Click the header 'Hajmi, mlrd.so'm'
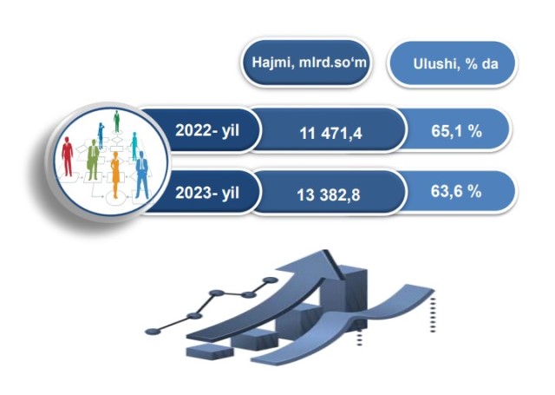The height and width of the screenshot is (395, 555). pos(309,63)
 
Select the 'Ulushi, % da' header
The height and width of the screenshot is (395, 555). pos(455,63)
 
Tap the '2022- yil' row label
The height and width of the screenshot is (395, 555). pos(207,130)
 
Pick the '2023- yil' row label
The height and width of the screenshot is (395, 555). pos(207,193)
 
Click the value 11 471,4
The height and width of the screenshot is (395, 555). pos(330,134)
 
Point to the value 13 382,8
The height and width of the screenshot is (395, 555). pos(328,194)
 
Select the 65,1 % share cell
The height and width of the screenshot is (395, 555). pos(456,131)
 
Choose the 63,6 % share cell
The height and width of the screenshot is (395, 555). pos(456,191)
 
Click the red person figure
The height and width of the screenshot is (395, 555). pos(68,156)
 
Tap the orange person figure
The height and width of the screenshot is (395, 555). pos(115,174)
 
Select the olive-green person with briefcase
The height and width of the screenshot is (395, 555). pos(93,160)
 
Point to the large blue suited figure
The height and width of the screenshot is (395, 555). pos(141,174)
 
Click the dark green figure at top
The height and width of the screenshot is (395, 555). pos(116,122)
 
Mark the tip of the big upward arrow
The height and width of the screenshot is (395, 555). pos(325,251)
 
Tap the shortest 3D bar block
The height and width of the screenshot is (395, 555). pos(210,351)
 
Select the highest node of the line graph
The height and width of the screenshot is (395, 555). pos(270,280)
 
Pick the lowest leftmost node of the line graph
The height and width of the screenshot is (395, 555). pos(153,332)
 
